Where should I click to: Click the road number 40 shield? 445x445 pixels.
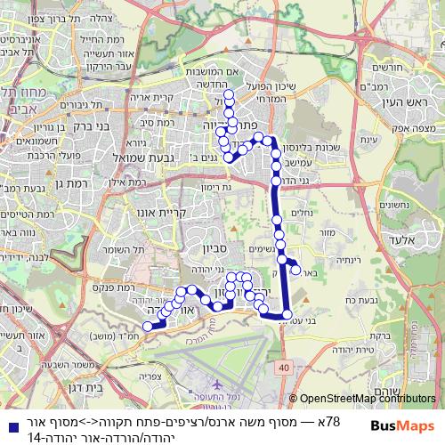[283, 367]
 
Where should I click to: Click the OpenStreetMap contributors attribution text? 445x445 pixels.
[368, 399]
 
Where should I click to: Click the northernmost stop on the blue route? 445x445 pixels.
[229, 93]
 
